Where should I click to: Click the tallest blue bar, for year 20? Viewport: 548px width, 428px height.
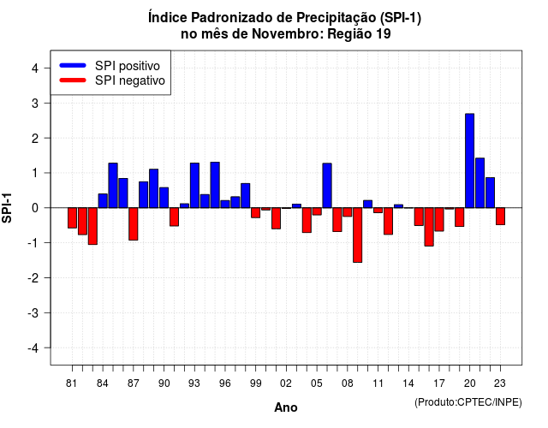[x=470, y=161]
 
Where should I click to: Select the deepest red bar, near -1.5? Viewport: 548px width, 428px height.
[x=358, y=235]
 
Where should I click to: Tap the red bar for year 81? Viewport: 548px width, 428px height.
[x=72, y=218]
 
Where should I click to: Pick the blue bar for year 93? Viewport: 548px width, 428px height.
[x=194, y=185]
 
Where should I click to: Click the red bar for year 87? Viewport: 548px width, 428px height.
[x=134, y=224]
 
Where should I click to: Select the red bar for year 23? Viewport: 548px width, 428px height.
[x=500, y=217]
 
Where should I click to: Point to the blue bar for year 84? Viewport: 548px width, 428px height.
[x=103, y=200]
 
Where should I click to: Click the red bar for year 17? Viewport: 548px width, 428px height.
[x=439, y=219]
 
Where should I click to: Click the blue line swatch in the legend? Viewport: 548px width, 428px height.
[x=73, y=65]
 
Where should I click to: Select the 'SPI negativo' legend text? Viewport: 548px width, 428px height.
[x=130, y=80]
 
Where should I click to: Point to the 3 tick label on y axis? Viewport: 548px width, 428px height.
[x=35, y=104]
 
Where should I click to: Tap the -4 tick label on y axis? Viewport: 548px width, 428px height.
[x=33, y=348]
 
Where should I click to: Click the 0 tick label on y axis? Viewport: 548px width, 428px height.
[x=35, y=208]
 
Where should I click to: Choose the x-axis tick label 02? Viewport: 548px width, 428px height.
[x=286, y=383]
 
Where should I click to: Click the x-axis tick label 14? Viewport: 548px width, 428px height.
[x=408, y=383]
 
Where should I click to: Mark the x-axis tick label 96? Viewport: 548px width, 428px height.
[x=225, y=383]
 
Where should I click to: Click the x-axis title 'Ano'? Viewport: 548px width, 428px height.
[x=286, y=407]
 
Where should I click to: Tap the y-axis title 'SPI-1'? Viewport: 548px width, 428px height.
[x=7, y=208]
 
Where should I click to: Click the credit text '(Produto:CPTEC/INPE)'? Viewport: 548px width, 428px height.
[x=468, y=402]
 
